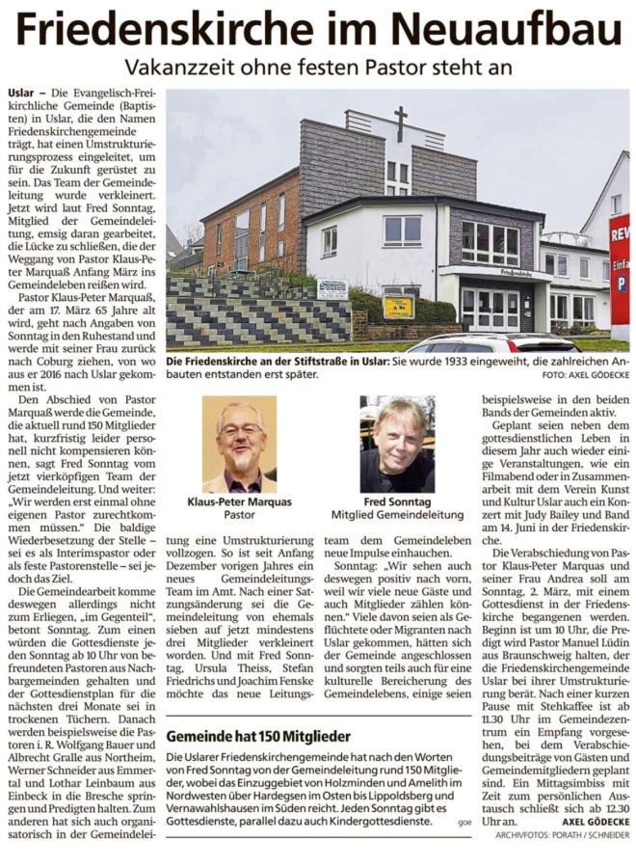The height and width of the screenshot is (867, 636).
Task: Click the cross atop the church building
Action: coord(401,123)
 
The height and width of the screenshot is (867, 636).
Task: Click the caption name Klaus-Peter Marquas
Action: coord(239,502)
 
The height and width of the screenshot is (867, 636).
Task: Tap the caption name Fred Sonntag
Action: coord(397,502)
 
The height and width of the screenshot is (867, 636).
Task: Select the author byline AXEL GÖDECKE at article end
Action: coord(596,821)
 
